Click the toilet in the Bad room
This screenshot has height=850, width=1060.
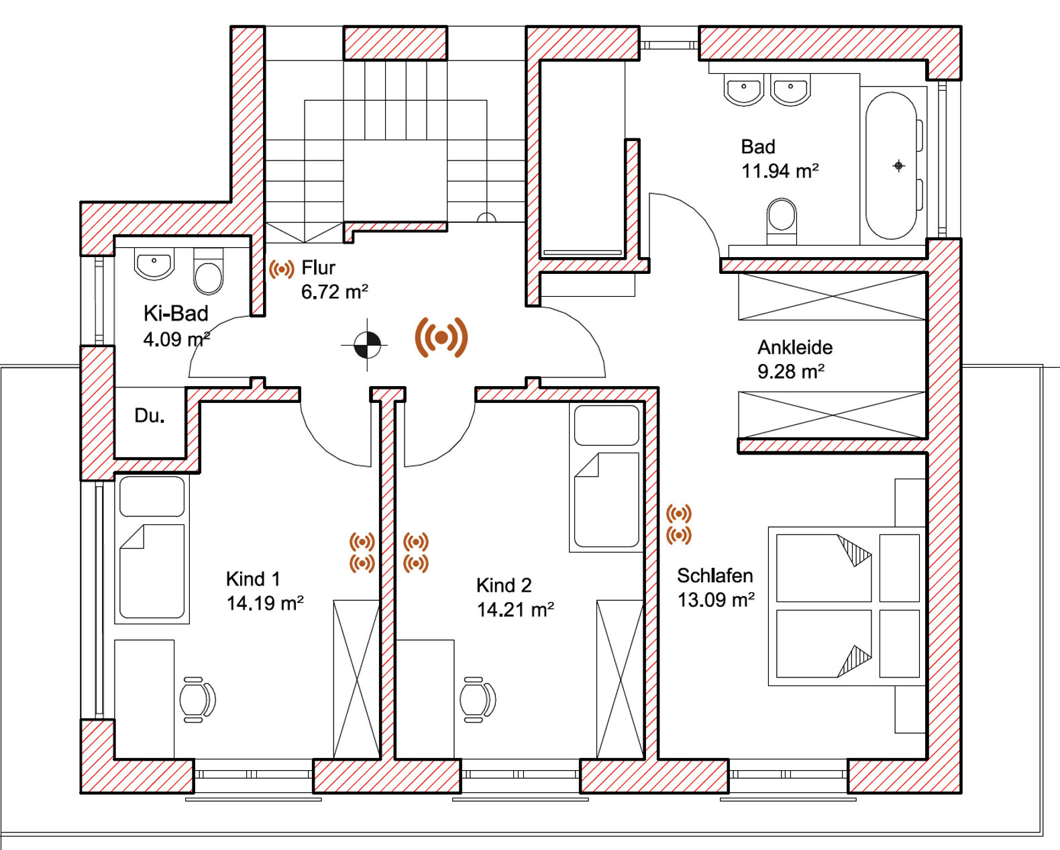point(782,221)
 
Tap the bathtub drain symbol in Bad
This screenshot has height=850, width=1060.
point(898,166)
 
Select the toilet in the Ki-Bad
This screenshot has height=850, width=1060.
point(209,272)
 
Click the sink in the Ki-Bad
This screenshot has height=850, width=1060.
point(154,264)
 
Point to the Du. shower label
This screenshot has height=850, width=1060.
point(150,416)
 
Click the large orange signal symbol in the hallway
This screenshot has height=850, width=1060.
point(441,337)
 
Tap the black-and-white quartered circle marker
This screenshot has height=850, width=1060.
point(367,344)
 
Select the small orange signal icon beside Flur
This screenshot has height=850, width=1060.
point(282,269)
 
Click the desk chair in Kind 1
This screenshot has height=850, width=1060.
point(197,700)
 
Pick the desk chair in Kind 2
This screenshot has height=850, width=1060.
point(477,700)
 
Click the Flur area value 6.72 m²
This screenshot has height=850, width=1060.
point(335,292)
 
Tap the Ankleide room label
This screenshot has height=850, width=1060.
point(795,347)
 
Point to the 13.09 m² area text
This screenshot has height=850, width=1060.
point(717,600)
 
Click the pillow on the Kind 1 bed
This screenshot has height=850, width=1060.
point(152,496)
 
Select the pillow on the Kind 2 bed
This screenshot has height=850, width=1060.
point(606,426)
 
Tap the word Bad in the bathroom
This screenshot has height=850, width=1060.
point(758,147)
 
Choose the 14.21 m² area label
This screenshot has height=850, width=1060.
point(515,610)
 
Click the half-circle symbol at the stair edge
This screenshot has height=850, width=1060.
point(486,218)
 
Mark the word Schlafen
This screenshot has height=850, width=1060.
point(715,576)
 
